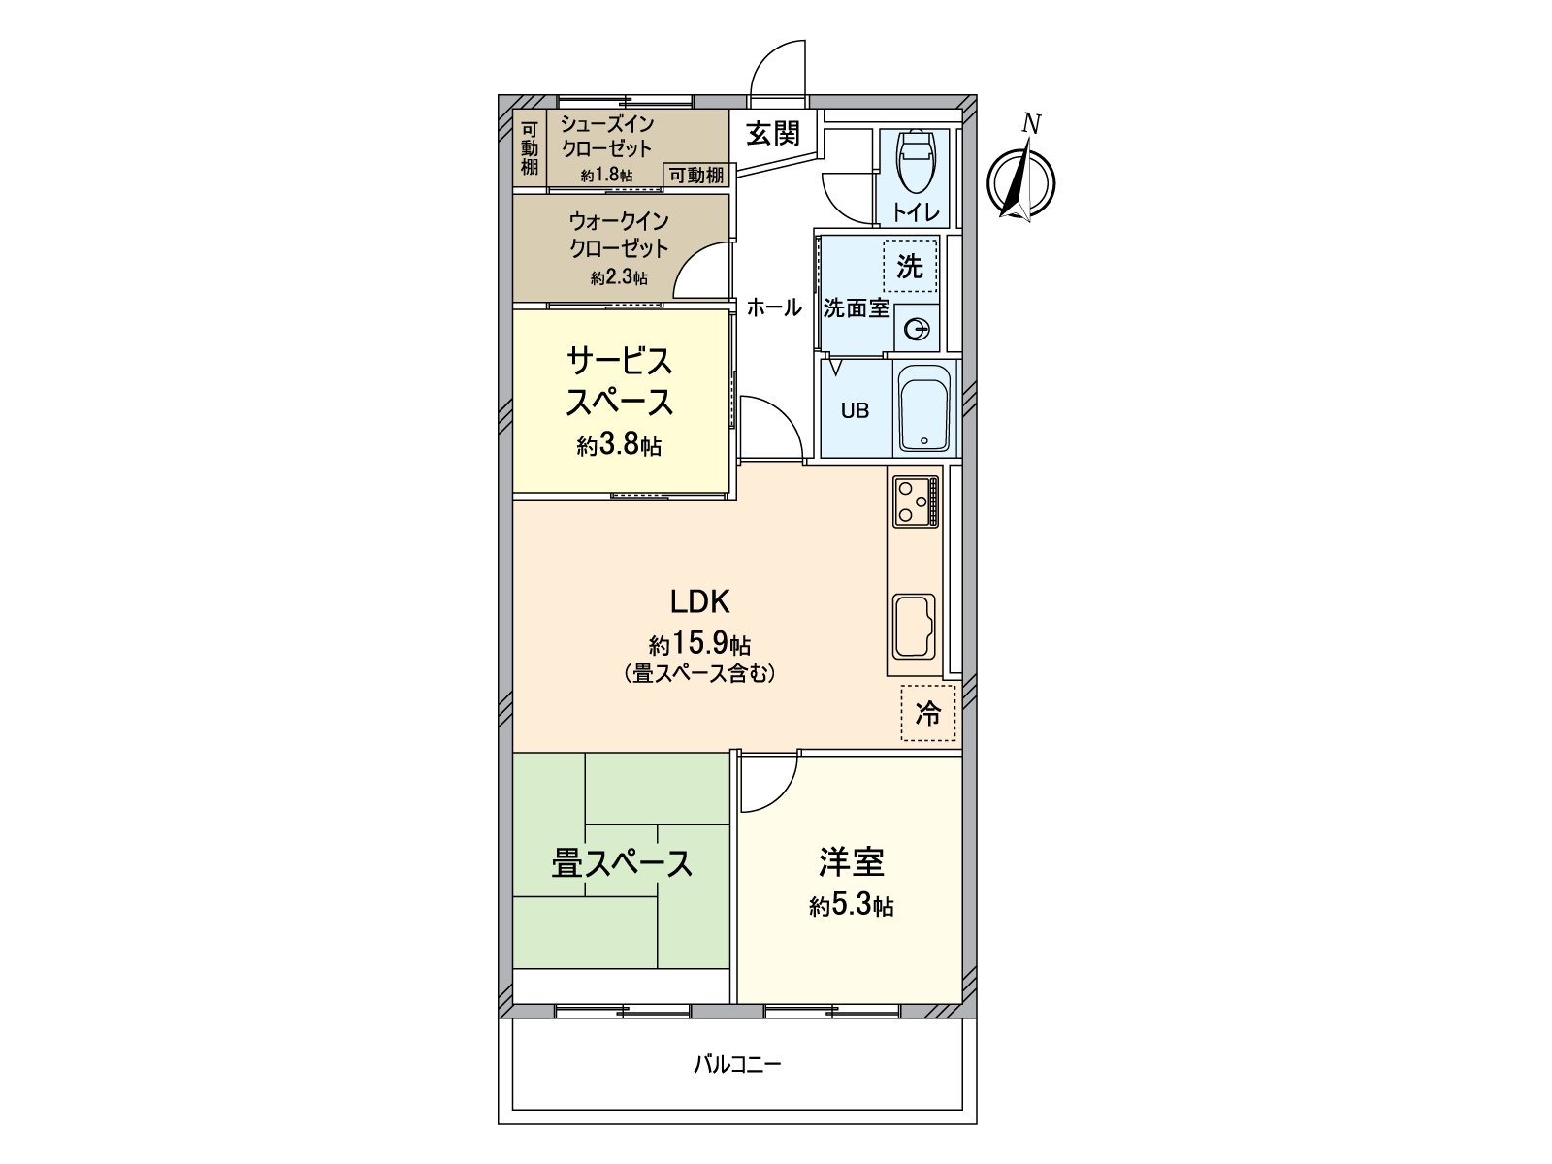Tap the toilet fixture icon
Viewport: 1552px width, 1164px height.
tap(914, 162)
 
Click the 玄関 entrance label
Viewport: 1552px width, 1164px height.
tap(773, 134)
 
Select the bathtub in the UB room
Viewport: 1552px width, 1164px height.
tap(923, 408)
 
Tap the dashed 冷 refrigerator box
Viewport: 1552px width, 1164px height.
tap(928, 714)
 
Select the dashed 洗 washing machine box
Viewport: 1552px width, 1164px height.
tap(910, 266)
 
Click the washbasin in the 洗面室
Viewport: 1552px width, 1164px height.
tap(916, 330)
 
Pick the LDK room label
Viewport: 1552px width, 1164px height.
tap(699, 602)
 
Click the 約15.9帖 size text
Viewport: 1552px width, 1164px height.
tap(699, 644)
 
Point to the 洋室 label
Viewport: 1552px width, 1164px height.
tap(851, 861)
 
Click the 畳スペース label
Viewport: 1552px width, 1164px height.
tap(622, 863)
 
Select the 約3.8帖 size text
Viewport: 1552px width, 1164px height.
tap(619, 446)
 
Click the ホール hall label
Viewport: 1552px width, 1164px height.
tap(773, 308)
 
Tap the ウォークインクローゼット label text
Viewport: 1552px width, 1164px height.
tap(619, 235)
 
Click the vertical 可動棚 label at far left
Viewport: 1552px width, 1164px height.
tap(529, 148)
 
